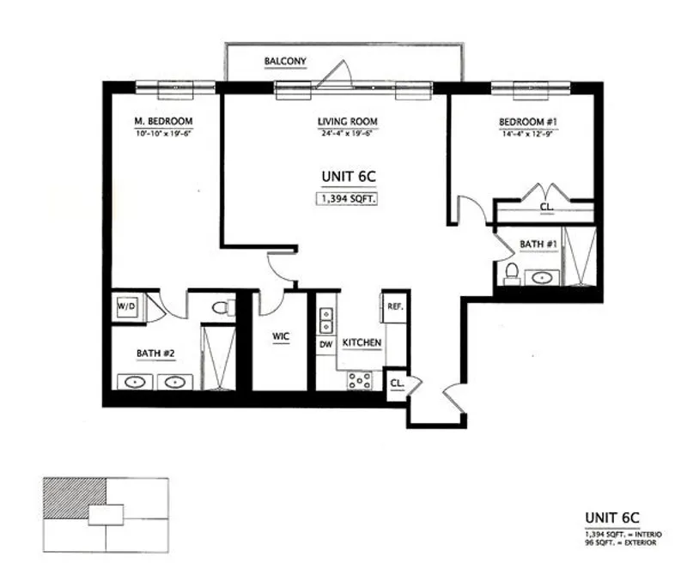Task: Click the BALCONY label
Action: coord(285,61)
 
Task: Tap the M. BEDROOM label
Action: coord(162,121)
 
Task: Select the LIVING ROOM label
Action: coord(348,121)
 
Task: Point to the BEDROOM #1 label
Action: coord(530,121)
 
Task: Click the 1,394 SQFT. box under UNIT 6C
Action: coord(349,199)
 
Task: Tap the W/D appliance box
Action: coord(125,306)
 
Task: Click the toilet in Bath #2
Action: coord(223,307)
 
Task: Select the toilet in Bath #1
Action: coord(512,272)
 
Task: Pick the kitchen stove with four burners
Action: coord(359,379)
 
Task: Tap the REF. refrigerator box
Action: coord(396,307)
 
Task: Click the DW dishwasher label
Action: coord(326,344)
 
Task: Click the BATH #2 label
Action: coord(155,353)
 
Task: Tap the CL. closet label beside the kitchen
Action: coord(398,383)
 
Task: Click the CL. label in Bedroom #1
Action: coord(546,208)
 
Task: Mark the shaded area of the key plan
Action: coord(74,500)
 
